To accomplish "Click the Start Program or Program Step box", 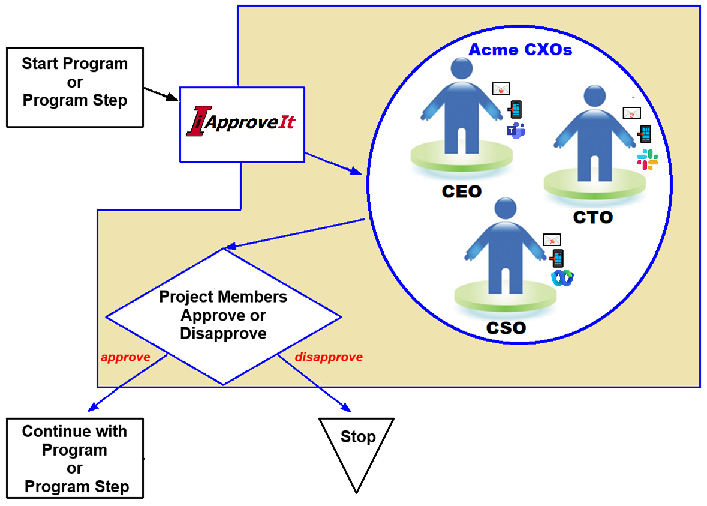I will [74, 87].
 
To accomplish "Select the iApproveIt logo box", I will [242, 124].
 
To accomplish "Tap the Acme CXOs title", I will [520, 50].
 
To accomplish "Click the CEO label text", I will [461, 192].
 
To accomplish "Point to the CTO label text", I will [592, 217].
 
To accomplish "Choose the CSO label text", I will [505, 328].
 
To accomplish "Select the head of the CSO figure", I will [504, 211].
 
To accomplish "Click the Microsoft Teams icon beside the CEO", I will [516, 130].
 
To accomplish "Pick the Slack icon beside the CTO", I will [648, 160].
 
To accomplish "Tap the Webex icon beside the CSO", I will [562, 278].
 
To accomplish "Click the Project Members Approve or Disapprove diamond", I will [223, 316].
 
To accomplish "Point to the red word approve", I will [125, 357].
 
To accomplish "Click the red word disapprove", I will [329, 357].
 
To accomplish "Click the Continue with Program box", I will [75, 459].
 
